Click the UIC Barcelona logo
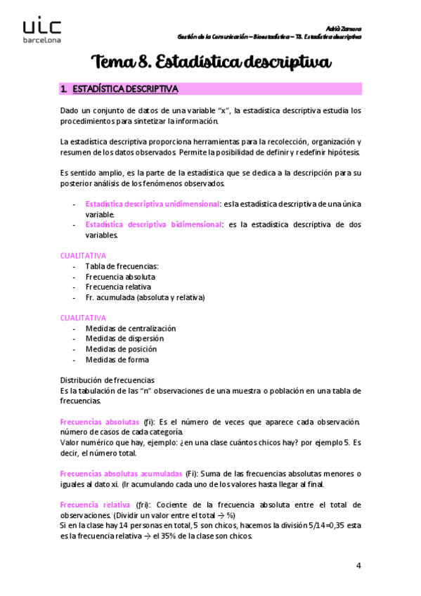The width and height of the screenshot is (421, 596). coord(41,30)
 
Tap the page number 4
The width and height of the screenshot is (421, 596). coord(358,566)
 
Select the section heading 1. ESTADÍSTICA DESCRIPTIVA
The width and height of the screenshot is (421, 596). coord(120,89)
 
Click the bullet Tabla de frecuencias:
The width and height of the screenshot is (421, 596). coord(122,266)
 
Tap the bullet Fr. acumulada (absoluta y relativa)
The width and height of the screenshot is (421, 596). coord(145,297)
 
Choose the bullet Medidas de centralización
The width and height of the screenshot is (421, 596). coord(130,328)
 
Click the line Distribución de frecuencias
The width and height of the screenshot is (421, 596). coord(112,380)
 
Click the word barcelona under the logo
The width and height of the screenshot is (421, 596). coord(41,41)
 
